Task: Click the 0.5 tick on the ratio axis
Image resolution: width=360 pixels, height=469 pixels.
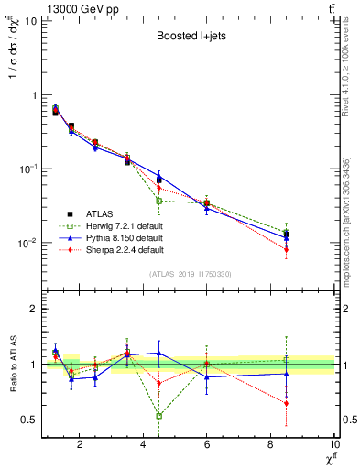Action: (x=29, y=420)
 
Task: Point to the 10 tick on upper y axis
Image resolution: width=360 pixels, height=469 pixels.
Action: (x=30, y=20)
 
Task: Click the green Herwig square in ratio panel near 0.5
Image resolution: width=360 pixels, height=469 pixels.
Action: (x=159, y=416)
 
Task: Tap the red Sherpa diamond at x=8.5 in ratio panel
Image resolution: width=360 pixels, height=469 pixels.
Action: (x=287, y=403)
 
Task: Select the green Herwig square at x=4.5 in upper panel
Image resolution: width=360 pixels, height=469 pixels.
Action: (x=159, y=201)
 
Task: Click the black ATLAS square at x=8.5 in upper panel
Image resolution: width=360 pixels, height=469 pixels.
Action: (x=287, y=234)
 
